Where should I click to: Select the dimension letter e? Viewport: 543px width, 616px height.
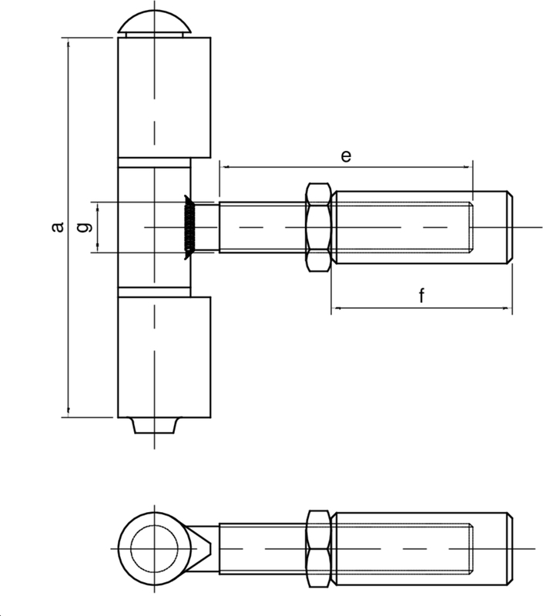click(x=346, y=156)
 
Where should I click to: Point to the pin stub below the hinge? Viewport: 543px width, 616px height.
click(x=154, y=425)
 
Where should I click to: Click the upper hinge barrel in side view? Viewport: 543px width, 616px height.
click(x=163, y=96)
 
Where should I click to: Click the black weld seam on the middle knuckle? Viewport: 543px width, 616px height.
click(x=187, y=227)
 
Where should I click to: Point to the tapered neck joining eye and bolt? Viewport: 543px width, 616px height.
click(x=205, y=546)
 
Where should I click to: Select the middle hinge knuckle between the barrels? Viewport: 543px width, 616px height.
click(x=154, y=227)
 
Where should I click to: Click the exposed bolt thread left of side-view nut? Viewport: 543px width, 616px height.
click(x=262, y=227)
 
